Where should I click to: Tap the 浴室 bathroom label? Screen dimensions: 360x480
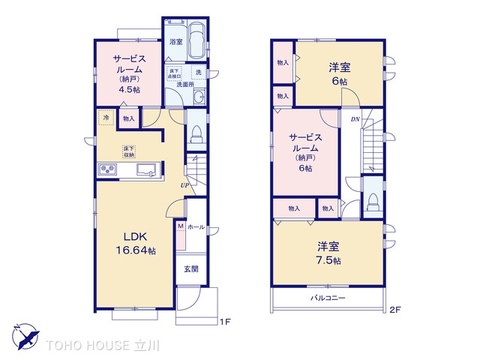pyautogui.click(x=175, y=42)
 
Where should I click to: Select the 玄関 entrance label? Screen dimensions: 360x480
pyautogui.click(x=190, y=269)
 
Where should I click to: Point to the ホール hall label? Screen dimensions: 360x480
pyautogui.click(x=196, y=228)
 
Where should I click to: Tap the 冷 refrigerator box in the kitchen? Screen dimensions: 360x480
pyautogui.click(x=106, y=118)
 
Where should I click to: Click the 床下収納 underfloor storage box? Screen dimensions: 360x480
pyautogui.click(x=130, y=151)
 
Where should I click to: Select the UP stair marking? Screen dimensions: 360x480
pyautogui.click(x=185, y=185)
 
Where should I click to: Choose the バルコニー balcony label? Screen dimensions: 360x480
pyautogui.click(x=327, y=299)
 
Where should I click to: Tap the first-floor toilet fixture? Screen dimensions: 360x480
pyautogui.click(x=196, y=132)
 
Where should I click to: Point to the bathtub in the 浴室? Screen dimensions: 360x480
pyautogui.click(x=196, y=42)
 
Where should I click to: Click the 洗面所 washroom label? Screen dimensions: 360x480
pyautogui.click(x=185, y=85)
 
